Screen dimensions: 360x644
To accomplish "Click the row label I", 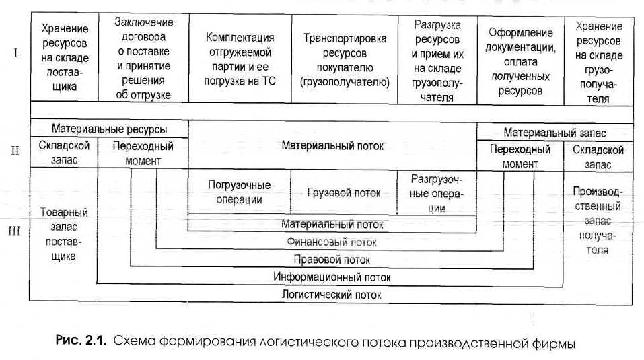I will click(x=15, y=53).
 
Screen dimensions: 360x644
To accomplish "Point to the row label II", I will click(x=15, y=149).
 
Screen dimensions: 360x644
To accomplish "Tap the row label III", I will click(x=15, y=231).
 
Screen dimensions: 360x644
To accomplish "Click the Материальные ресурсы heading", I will click(x=110, y=129).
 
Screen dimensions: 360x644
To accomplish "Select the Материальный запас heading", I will click(x=554, y=133).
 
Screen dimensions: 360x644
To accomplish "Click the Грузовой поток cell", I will click(x=343, y=193).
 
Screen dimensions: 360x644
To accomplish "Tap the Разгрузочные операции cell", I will click(x=437, y=192).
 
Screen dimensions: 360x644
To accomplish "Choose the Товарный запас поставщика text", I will click(x=64, y=233).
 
